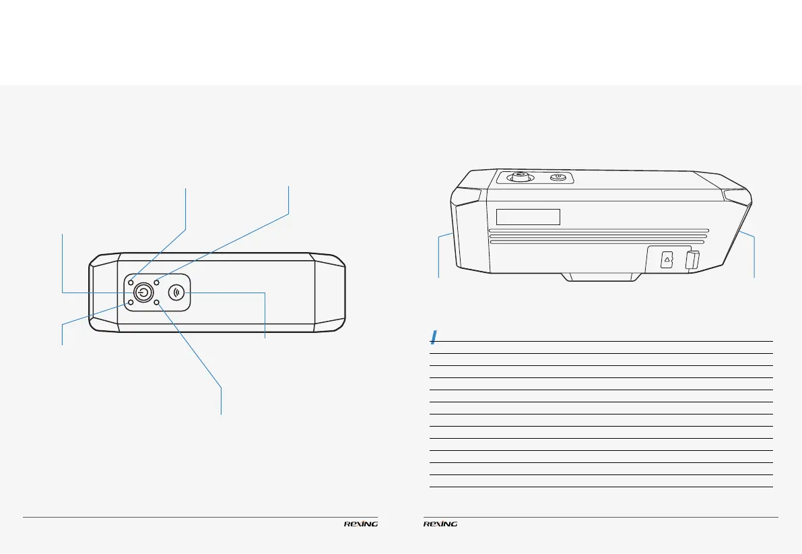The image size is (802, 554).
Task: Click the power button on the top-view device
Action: click(x=142, y=293)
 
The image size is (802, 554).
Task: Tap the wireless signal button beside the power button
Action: click(x=177, y=293)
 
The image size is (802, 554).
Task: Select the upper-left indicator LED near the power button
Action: click(x=131, y=282)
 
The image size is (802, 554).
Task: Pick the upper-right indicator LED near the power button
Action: click(x=156, y=282)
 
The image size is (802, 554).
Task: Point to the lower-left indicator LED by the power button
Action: click(x=131, y=303)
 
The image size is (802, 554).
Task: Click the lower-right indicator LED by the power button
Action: click(x=156, y=303)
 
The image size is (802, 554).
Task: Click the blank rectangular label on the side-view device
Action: click(x=529, y=216)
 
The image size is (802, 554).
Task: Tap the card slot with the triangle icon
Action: click(x=666, y=259)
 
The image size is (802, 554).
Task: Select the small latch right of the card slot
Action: click(x=690, y=260)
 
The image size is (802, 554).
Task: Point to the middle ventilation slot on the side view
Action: click(x=597, y=235)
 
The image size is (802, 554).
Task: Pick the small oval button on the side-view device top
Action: click(x=557, y=178)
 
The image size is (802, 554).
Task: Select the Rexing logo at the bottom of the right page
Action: click(x=440, y=524)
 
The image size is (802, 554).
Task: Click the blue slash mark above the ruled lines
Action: click(x=435, y=336)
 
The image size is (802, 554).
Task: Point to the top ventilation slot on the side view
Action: click(x=597, y=228)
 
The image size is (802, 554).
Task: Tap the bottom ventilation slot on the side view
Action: click(x=597, y=242)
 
